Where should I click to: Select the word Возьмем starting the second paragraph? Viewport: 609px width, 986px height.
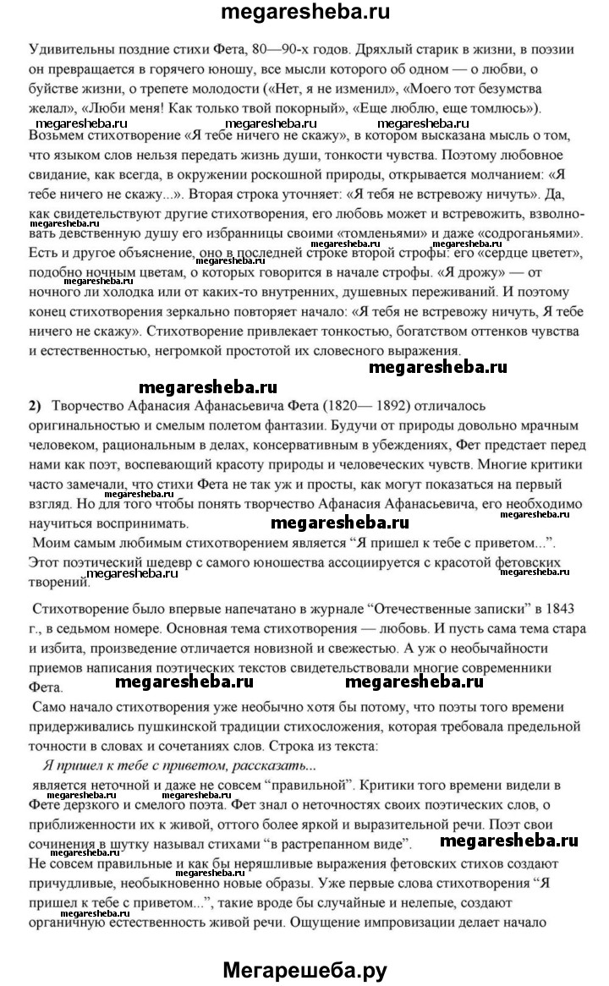click(56, 134)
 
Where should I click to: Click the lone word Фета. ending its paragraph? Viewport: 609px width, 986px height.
click(46, 687)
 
